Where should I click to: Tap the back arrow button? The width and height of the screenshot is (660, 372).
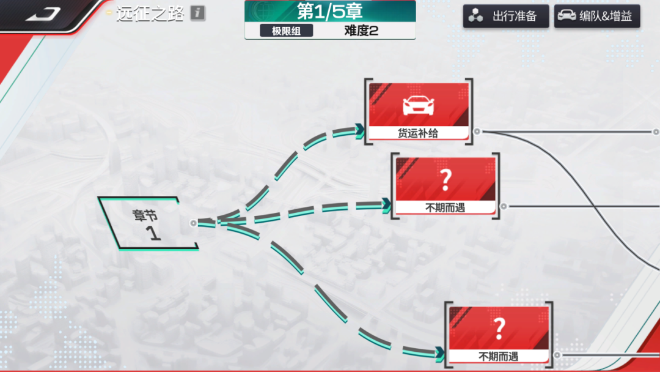click(x=43, y=14)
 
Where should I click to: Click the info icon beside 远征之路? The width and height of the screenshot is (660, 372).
click(x=197, y=13)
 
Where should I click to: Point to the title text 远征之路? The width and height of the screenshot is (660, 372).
click(x=150, y=14)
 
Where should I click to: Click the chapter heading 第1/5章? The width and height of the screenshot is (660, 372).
click(x=330, y=12)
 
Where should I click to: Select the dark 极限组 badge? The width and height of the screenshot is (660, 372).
click(x=286, y=31)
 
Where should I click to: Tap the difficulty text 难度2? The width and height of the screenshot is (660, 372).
click(x=361, y=31)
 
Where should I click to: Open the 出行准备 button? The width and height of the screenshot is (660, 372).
click(x=506, y=16)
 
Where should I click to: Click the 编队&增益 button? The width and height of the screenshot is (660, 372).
click(x=597, y=16)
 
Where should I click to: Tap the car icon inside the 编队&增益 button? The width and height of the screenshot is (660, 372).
click(x=566, y=15)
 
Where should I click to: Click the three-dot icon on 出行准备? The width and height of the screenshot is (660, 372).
click(x=475, y=15)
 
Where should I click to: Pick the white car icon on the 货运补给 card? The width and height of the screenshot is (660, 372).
click(x=419, y=105)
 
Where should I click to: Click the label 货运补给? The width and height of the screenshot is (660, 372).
click(x=418, y=133)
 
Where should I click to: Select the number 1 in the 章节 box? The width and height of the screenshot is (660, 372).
click(x=153, y=233)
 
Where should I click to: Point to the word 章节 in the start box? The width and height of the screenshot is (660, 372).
click(x=145, y=215)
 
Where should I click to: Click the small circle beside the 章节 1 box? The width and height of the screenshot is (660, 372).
click(x=193, y=223)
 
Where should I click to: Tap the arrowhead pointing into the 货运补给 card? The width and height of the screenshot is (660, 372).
click(x=359, y=130)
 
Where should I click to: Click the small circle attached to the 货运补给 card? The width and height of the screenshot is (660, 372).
click(x=477, y=132)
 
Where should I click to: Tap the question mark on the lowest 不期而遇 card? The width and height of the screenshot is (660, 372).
click(x=499, y=329)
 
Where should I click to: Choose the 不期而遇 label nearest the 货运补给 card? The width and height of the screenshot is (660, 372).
click(x=445, y=207)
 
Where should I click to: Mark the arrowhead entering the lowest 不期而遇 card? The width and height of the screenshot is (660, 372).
click(x=440, y=353)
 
